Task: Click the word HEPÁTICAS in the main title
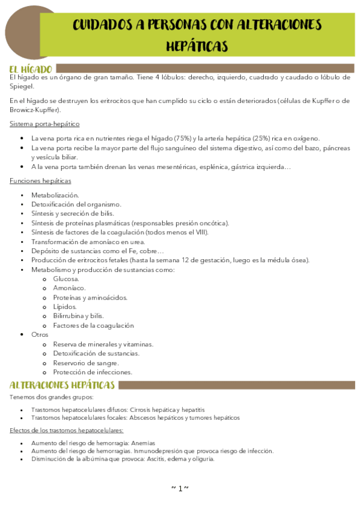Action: [x=197, y=46]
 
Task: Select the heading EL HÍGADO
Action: [x=31, y=69]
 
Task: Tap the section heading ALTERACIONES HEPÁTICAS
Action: [x=62, y=385]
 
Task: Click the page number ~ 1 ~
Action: [x=180, y=488]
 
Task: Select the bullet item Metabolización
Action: [x=55, y=195]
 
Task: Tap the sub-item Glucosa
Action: [x=66, y=279]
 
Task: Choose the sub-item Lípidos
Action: [x=65, y=307]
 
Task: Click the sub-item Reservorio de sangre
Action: [x=86, y=363]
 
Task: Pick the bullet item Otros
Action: [x=40, y=334]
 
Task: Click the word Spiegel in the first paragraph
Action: [x=22, y=87]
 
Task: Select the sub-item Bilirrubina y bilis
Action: [x=78, y=316]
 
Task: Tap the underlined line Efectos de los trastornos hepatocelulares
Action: [x=67, y=430]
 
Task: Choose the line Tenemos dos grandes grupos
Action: [x=52, y=397]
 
